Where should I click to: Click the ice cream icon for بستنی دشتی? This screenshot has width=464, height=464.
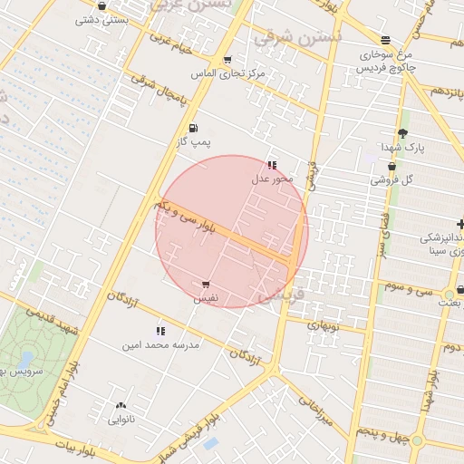pyautogui.click(x=101, y=6)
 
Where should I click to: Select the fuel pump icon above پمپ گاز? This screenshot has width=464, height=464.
pyautogui.click(x=192, y=129)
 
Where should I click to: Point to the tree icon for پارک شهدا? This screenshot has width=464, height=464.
pyautogui.click(x=402, y=134)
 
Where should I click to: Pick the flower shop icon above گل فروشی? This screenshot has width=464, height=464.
pyautogui.click(x=391, y=167)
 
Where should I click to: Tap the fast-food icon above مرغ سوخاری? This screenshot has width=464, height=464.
pyautogui.click(x=387, y=40)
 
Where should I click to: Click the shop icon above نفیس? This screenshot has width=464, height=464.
pyautogui.click(x=207, y=285)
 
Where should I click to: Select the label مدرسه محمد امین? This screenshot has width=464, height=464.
pyautogui.click(x=160, y=345)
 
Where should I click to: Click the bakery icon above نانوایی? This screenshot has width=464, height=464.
pyautogui.click(x=121, y=406)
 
